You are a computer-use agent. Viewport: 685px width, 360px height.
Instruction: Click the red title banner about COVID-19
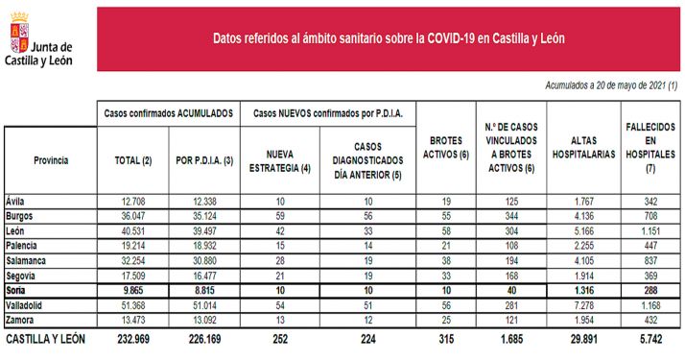(x=388, y=39)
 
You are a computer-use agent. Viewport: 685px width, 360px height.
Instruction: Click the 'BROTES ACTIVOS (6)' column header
(x=444, y=147)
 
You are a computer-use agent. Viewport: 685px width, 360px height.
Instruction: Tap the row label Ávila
(x=16, y=201)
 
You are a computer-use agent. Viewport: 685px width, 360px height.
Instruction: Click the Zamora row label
(x=21, y=318)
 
